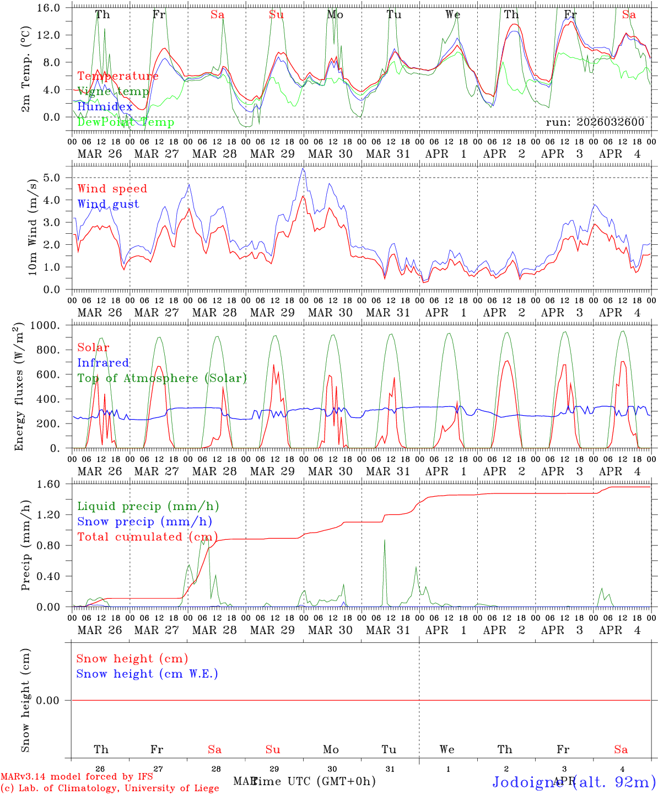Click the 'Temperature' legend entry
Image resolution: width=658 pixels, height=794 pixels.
117,76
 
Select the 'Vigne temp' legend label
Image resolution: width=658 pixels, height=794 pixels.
113,92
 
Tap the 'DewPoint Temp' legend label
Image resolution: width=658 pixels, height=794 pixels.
126,122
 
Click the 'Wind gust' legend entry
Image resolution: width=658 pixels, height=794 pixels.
108,204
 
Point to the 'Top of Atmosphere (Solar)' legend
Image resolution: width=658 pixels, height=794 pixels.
161,378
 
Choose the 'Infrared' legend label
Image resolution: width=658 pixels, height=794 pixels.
103,363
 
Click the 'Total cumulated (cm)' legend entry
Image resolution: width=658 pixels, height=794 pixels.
147,537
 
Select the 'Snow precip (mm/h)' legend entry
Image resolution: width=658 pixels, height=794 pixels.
144,522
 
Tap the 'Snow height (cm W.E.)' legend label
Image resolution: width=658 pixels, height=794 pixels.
147,674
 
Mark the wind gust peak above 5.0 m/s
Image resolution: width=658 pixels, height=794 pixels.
303,169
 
